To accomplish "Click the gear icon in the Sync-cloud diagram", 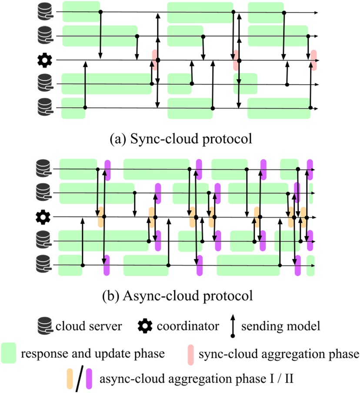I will click(44, 60).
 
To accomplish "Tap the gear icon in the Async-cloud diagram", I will click(44, 216).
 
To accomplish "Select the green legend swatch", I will click(9, 353).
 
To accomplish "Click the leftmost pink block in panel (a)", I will click(154, 60).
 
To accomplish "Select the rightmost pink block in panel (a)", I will click(314, 60).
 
